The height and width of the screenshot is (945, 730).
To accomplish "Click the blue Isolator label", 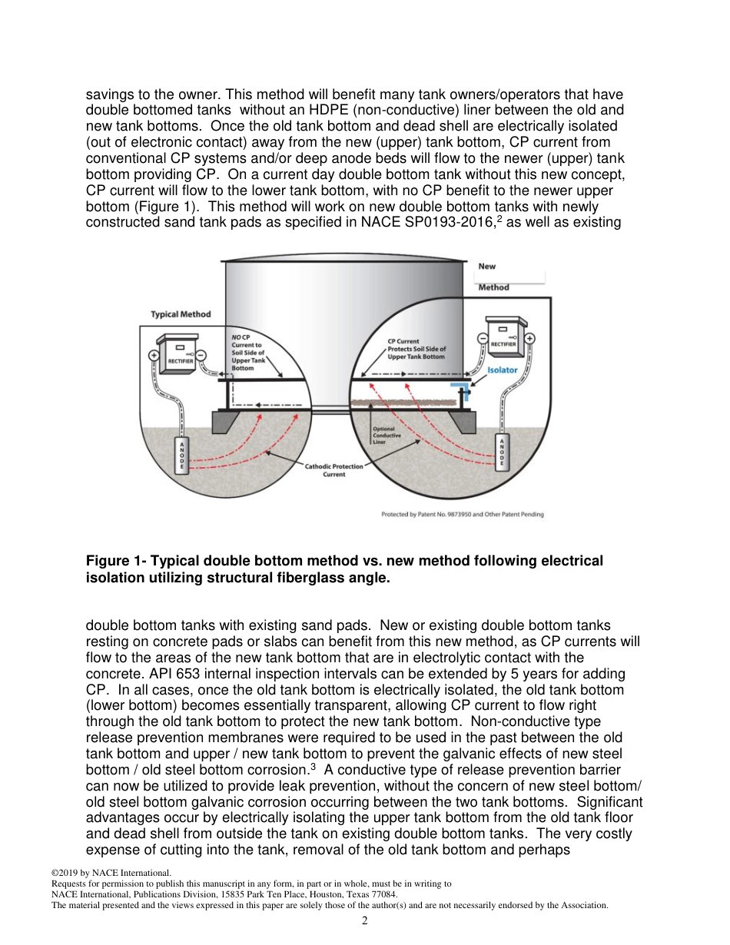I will (503, 370).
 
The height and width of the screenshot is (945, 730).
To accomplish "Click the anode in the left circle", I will (181, 456).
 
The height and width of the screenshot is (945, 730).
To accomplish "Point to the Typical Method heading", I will (181, 314).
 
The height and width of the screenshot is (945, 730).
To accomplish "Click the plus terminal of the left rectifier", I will (152, 356).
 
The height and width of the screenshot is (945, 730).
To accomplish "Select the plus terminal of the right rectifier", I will (530, 338).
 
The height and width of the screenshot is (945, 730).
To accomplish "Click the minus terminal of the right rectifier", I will (482, 338).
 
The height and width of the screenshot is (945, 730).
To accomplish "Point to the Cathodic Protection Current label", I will (335, 470).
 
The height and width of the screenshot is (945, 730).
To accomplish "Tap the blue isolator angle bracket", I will (461, 386).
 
